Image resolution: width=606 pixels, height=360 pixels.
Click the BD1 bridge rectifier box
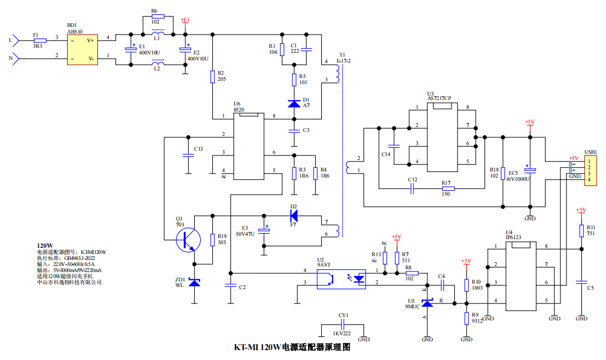click(82, 49)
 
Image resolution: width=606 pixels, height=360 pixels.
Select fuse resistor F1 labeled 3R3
click(40, 40)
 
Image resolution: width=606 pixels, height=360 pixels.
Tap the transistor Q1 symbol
click(188, 240)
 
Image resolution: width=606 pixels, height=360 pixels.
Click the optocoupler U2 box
click(341, 279)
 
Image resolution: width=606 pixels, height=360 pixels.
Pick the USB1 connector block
click(590, 170)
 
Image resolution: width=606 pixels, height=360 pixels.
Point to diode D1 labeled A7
click(294, 103)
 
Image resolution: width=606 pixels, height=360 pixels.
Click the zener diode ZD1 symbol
click(194, 283)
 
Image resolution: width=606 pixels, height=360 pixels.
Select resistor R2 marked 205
click(212, 76)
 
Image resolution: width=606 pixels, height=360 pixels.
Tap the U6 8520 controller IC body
click(249, 146)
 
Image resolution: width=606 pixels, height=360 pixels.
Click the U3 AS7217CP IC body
click(442, 137)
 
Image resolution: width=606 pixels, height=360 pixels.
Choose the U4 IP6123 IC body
click(521, 276)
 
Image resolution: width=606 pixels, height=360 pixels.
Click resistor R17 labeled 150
click(448, 189)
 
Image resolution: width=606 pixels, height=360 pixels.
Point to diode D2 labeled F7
click(294, 215)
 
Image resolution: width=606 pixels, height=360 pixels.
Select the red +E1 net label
click(185, 20)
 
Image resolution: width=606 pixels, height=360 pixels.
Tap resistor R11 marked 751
click(581, 231)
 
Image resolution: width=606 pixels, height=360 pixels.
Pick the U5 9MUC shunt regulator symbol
click(427, 302)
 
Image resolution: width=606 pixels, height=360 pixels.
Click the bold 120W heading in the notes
click(45, 246)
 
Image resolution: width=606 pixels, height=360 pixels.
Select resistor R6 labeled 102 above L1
click(158, 16)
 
